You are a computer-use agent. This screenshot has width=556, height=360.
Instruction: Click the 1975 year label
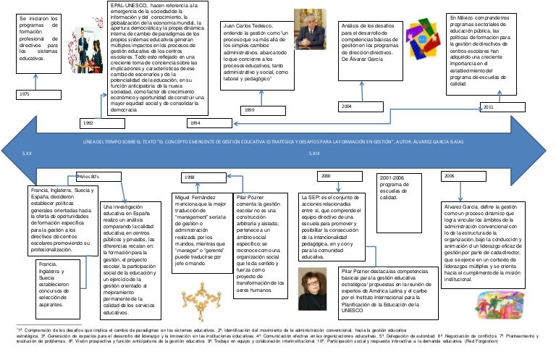coord(25,95)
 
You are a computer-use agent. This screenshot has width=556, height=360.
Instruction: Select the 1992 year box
coord(88,124)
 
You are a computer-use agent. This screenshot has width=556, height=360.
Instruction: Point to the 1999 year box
coord(249,109)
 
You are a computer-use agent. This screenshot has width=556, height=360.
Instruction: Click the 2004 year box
coord(348,106)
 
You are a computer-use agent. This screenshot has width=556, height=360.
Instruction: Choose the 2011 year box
coord(489,106)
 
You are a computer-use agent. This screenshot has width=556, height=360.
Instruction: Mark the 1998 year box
coord(190,177)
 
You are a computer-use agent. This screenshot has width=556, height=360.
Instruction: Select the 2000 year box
coord(325,175)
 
